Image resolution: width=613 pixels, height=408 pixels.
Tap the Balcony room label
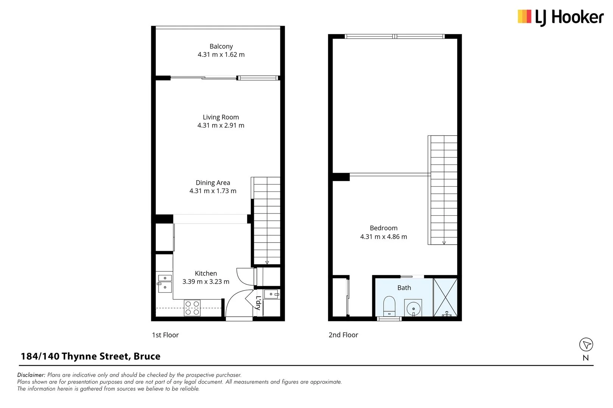[221, 46]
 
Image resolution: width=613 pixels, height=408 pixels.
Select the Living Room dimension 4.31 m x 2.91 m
[221, 125]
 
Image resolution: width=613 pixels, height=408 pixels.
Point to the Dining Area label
[213, 182]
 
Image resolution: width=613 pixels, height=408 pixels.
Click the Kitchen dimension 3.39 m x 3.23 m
[206, 281]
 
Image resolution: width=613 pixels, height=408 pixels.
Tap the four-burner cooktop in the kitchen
[192, 308]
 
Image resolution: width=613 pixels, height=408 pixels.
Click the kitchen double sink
[165, 284]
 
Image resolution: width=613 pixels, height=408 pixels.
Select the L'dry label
[258, 303]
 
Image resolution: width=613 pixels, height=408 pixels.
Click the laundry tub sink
[271, 294]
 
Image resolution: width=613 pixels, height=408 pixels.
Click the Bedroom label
[383, 228]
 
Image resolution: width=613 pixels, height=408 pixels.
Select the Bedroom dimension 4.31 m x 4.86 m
[383, 236]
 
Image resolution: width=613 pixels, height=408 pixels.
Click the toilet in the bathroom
[389, 306]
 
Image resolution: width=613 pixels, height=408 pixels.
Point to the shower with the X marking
[445, 297]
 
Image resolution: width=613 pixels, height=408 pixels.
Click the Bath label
[404, 288]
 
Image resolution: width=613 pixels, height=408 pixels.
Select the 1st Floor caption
[165, 335]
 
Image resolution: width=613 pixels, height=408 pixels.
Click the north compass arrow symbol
[586, 345]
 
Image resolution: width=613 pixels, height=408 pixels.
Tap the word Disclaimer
[31, 375]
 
